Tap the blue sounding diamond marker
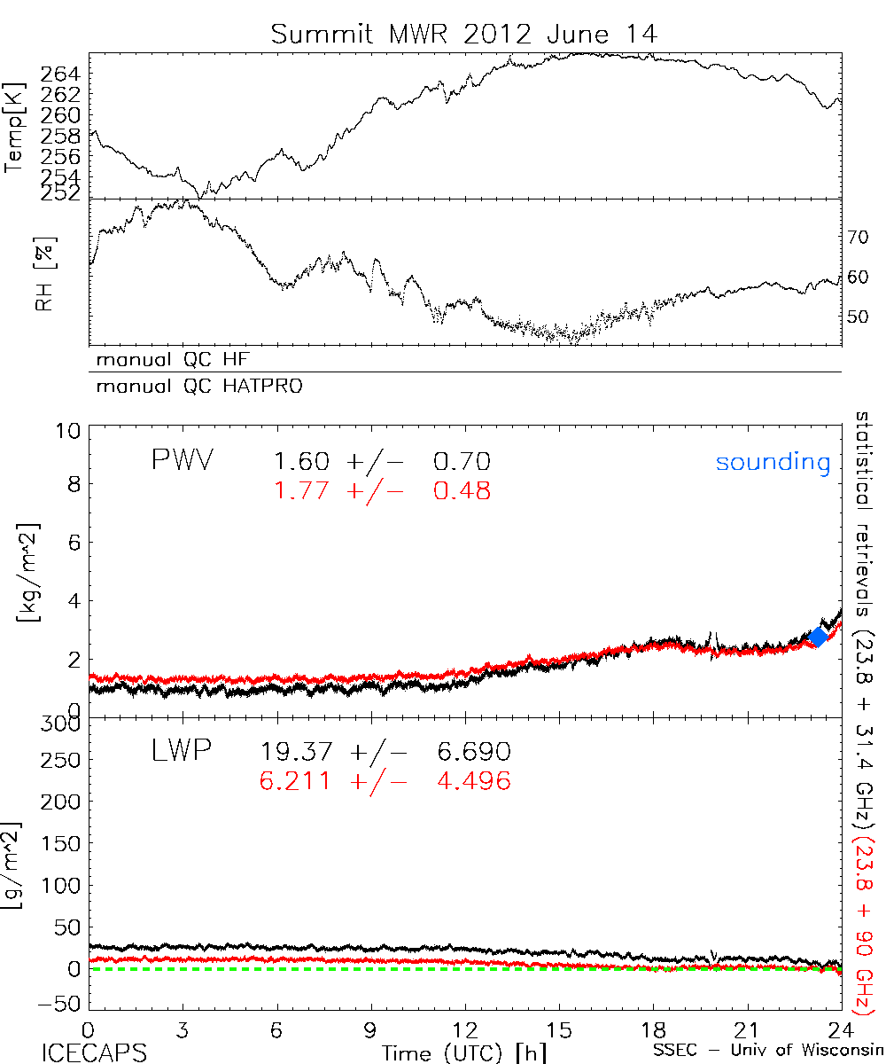(x=819, y=636)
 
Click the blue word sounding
(x=773, y=462)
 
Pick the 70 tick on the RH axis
(x=859, y=238)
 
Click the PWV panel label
(x=183, y=461)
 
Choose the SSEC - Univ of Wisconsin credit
(x=766, y=1052)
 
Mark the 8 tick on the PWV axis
(x=72, y=484)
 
